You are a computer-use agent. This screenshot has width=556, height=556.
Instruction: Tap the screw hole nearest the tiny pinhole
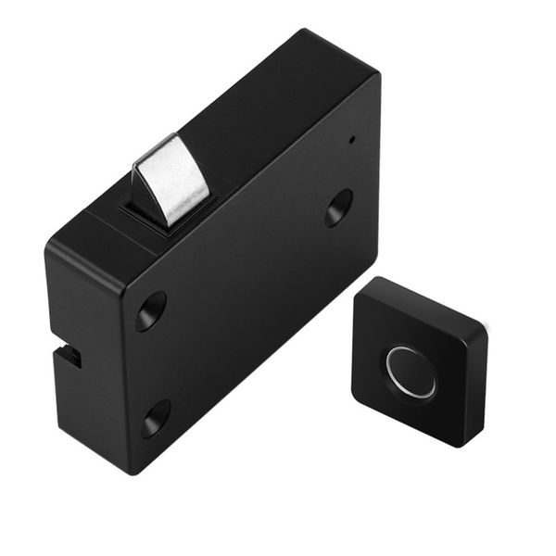click(x=338, y=207)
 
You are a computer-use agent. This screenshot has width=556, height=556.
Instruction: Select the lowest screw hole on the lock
click(x=155, y=419)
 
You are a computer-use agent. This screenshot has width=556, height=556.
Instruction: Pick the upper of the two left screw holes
click(x=150, y=310)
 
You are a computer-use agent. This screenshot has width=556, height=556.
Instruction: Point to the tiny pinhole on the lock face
click(x=352, y=143)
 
